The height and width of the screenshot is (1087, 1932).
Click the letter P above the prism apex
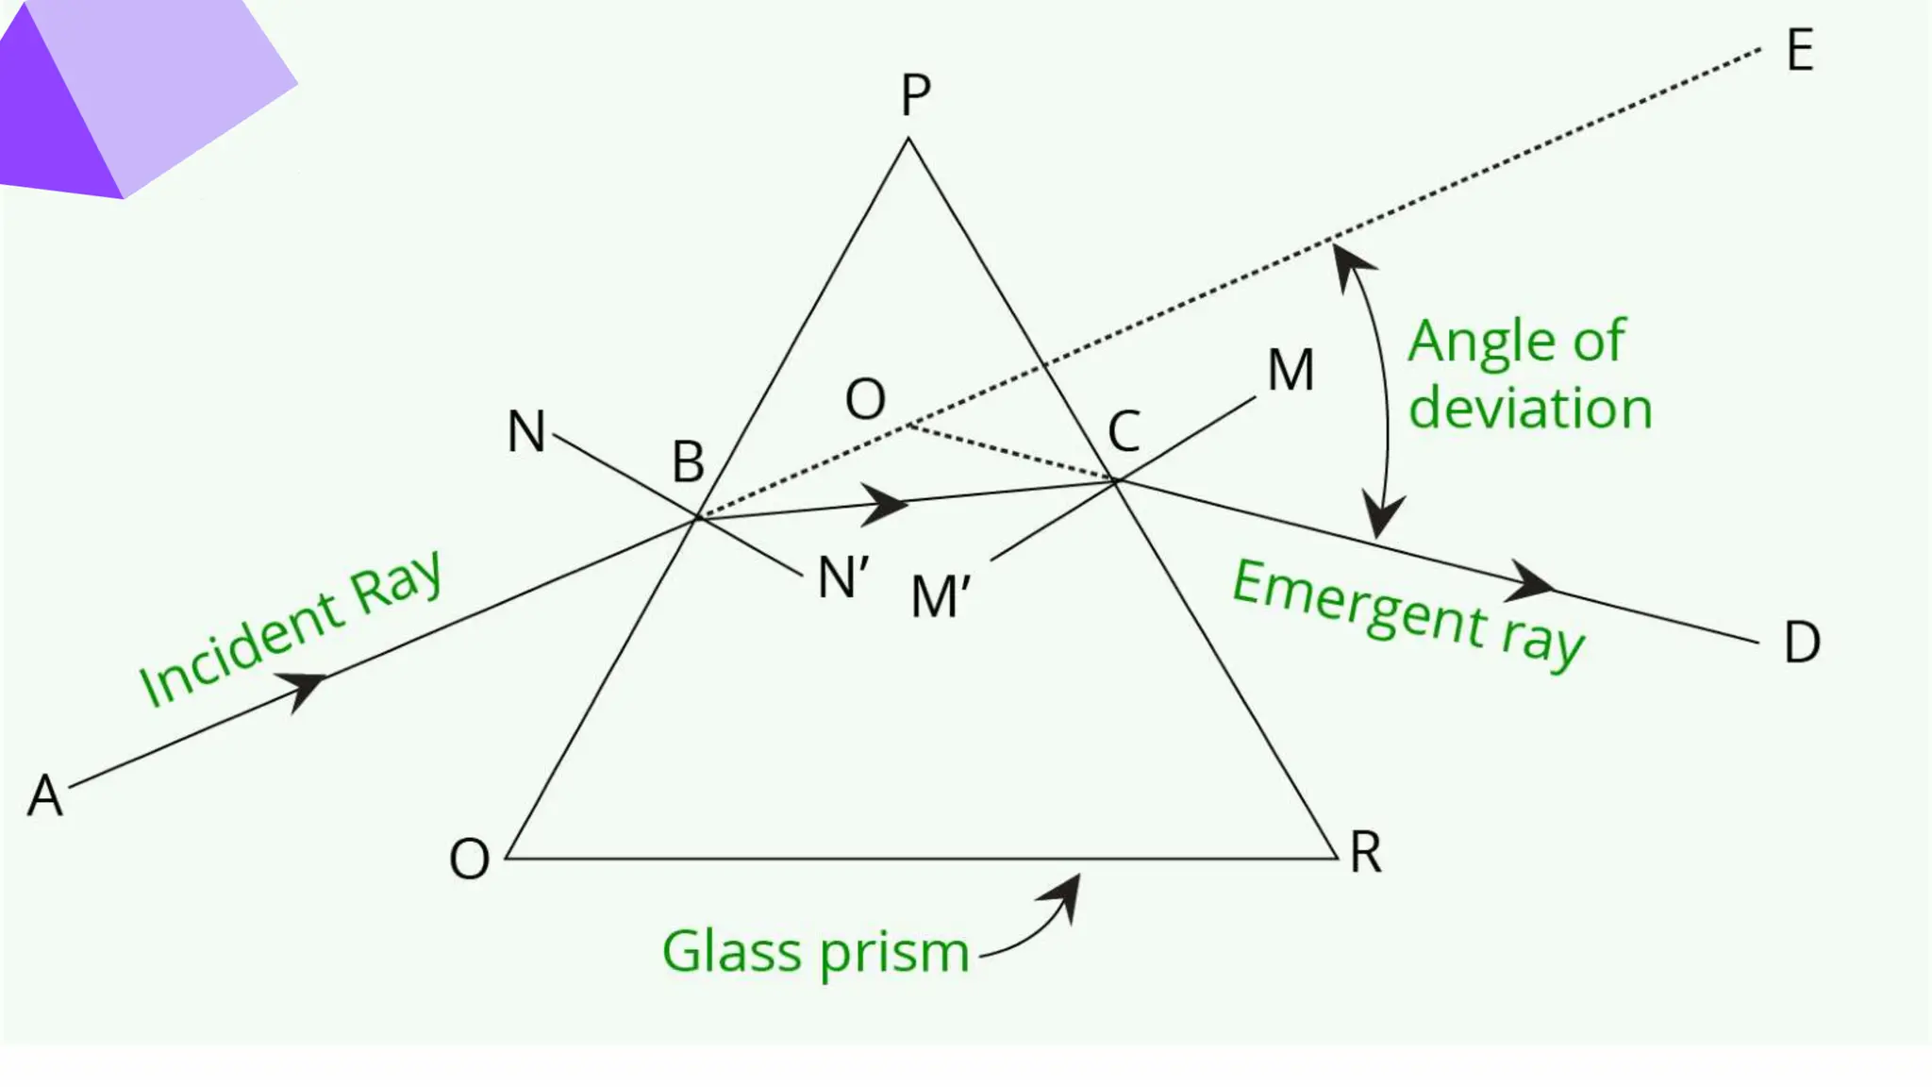(x=915, y=94)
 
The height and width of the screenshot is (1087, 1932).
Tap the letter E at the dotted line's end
(x=1800, y=50)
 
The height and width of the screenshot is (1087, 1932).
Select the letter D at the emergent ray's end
(x=1802, y=643)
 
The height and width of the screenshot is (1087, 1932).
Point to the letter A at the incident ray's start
(x=45, y=794)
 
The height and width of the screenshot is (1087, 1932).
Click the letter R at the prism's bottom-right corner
(x=1366, y=853)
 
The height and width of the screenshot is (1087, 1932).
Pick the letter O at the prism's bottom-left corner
(x=470, y=859)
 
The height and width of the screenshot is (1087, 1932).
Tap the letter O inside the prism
(x=865, y=399)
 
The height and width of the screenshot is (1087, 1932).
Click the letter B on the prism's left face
(x=688, y=462)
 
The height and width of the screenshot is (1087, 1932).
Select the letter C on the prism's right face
(x=1124, y=432)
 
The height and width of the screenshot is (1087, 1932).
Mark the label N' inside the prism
(x=843, y=577)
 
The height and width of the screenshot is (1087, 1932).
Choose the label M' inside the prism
(x=941, y=596)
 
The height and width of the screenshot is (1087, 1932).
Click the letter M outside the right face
(x=1291, y=370)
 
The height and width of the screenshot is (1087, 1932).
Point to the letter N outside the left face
(x=526, y=431)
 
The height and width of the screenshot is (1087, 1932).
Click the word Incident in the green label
(x=241, y=649)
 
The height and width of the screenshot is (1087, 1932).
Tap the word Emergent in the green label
(x=1359, y=601)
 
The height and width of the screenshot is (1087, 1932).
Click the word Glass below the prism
(x=732, y=950)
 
